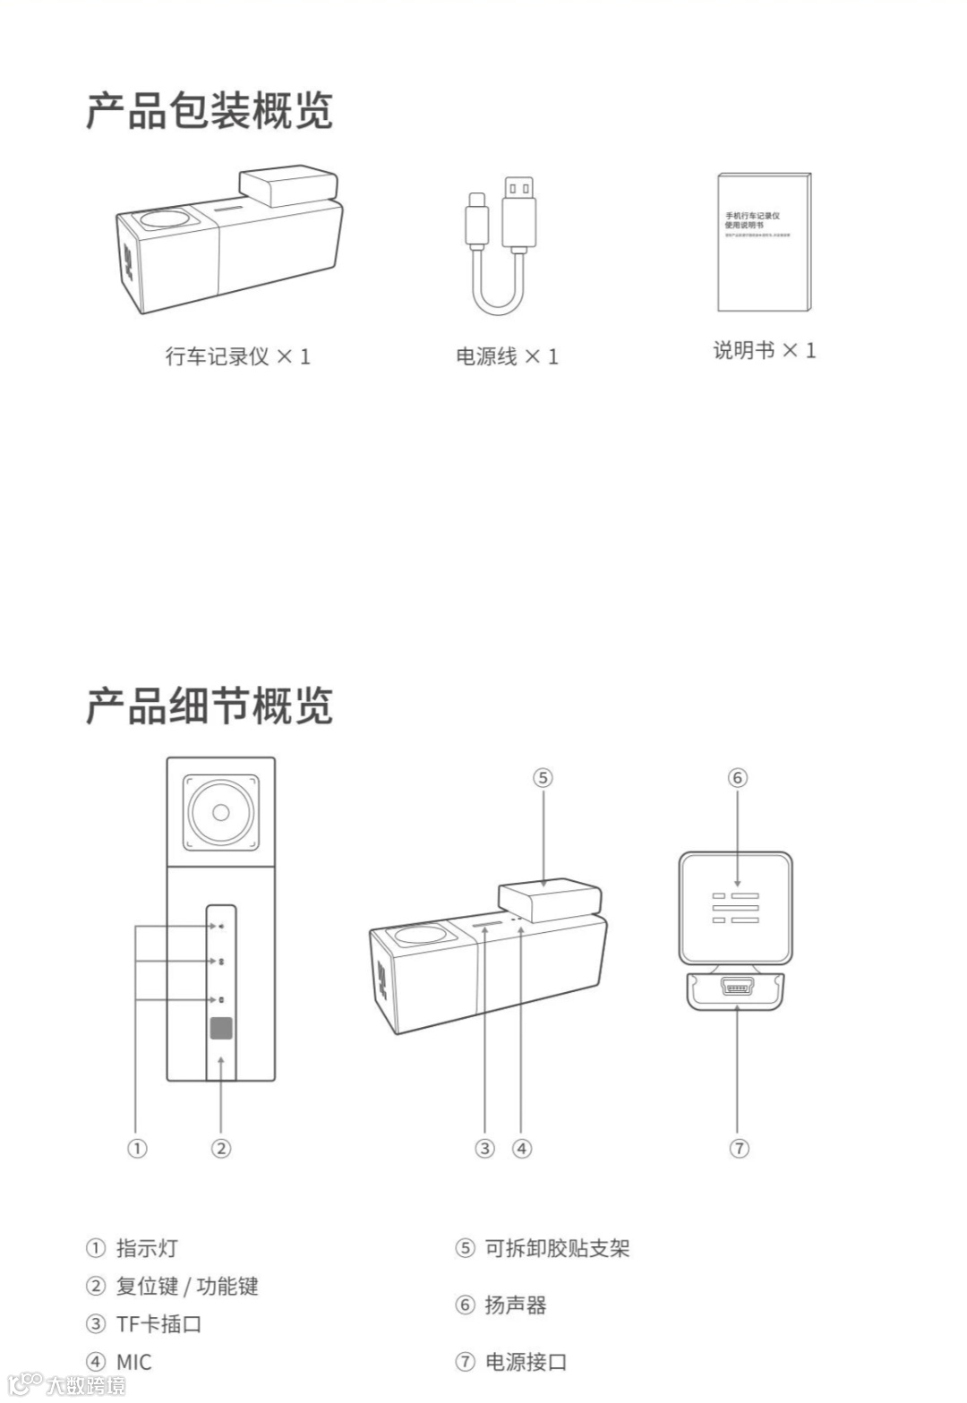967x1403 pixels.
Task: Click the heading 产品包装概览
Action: click(209, 111)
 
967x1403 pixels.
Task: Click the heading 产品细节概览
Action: click(209, 706)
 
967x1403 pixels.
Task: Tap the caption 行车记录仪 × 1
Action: click(237, 356)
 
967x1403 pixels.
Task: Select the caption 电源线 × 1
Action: click(507, 356)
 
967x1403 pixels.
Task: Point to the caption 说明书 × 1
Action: click(764, 350)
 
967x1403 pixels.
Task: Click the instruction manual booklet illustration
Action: click(763, 242)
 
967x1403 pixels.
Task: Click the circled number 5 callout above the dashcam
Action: click(543, 778)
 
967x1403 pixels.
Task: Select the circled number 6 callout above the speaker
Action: click(737, 778)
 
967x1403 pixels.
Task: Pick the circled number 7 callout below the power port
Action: click(738, 1148)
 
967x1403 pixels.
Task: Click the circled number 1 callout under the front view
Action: click(136, 1148)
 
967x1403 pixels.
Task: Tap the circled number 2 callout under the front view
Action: click(220, 1148)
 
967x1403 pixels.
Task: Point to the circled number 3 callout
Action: click(484, 1148)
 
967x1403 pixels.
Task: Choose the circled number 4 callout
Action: click(522, 1148)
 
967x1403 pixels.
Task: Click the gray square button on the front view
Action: click(221, 1028)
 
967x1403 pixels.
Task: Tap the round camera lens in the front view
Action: click(221, 813)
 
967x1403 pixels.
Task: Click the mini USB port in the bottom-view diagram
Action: click(737, 988)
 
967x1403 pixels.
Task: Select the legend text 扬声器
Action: click(515, 1305)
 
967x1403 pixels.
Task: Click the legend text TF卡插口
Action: click(158, 1323)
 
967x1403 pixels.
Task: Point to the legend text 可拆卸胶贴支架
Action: click(557, 1248)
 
